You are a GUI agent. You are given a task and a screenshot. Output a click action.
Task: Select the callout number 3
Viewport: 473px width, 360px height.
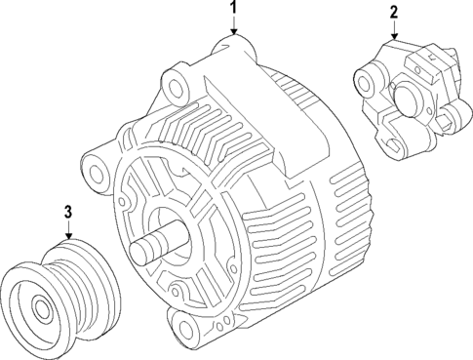point(68,211)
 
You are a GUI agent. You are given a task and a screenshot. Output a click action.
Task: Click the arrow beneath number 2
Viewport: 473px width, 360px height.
point(394,30)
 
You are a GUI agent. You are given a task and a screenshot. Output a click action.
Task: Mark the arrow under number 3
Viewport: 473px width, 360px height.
point(68,229)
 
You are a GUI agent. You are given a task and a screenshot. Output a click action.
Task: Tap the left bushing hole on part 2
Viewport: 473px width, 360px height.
point(368,73)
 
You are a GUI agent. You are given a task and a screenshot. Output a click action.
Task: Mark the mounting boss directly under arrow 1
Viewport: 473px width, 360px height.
point(234,46)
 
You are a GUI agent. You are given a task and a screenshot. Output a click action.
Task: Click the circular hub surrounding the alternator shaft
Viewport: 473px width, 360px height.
point(180,238)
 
